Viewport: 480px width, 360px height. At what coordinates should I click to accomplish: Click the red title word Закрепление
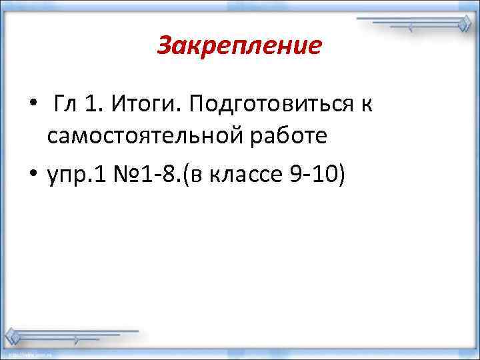239,47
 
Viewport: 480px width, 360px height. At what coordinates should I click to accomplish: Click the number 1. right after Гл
92,104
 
